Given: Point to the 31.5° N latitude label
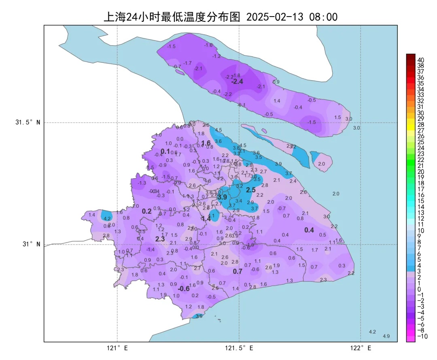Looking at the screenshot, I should coord(28,123).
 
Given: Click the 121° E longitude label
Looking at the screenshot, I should coord(117,348).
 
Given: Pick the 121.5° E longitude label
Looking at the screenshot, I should coord(239,348).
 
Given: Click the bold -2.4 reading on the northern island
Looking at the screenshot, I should coord(237,81).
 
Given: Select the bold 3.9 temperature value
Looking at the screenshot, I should coord(222,197).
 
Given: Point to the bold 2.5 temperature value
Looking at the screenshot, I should coord(251,190).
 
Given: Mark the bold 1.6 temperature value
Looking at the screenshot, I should coord(206,143).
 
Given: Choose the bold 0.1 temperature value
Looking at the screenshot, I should coord(165,151).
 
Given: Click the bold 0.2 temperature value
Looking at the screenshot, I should coord(146,211).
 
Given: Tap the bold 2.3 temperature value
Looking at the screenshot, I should coord(160,239).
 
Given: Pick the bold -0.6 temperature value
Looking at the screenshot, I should coord(184,289).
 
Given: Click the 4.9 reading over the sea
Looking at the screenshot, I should coord(386,336).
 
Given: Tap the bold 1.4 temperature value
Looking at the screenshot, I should coord(206,218).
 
